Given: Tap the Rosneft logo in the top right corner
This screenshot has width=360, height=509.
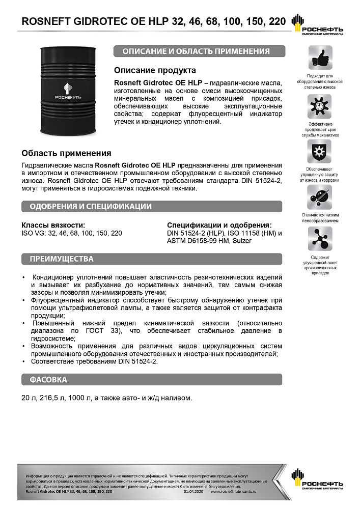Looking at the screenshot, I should (x=316, y=25).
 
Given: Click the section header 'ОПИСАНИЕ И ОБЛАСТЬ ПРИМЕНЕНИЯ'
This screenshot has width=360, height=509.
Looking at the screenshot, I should (x=199, y=51).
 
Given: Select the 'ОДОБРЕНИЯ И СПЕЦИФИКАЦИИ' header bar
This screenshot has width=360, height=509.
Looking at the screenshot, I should (x=151, y=206).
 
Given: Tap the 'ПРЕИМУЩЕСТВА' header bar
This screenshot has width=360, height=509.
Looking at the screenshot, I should (x=151, y=259).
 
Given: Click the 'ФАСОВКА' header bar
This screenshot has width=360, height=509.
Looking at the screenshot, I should (x=151, y=380).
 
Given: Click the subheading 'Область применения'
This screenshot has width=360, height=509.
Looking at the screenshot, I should (x=66, y=153).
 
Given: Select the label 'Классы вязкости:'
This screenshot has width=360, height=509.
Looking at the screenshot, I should (x=53, y=225).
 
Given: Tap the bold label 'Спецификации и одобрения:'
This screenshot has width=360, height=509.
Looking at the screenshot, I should (x=219, y=225).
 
